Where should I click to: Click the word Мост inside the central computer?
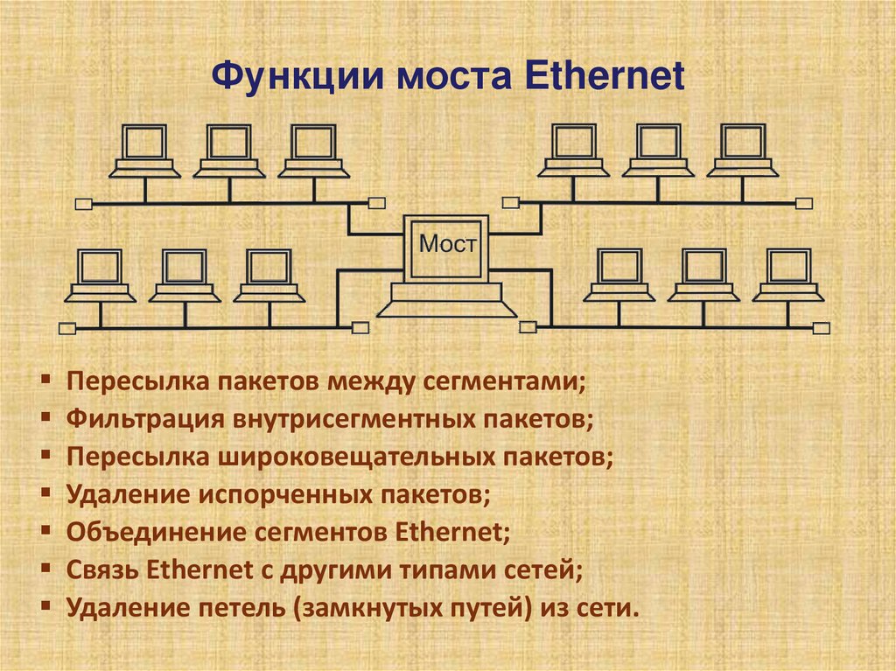point(448,244)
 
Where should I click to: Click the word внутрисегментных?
point(356,419)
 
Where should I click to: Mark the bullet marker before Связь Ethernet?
point(45,568)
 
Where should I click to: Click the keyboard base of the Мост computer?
point(447,305)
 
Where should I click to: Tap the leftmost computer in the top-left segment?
point(143,150)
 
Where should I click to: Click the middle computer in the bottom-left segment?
point(184,276)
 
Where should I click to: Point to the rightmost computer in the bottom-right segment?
point(788,276)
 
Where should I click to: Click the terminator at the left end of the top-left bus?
point(83,205)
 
